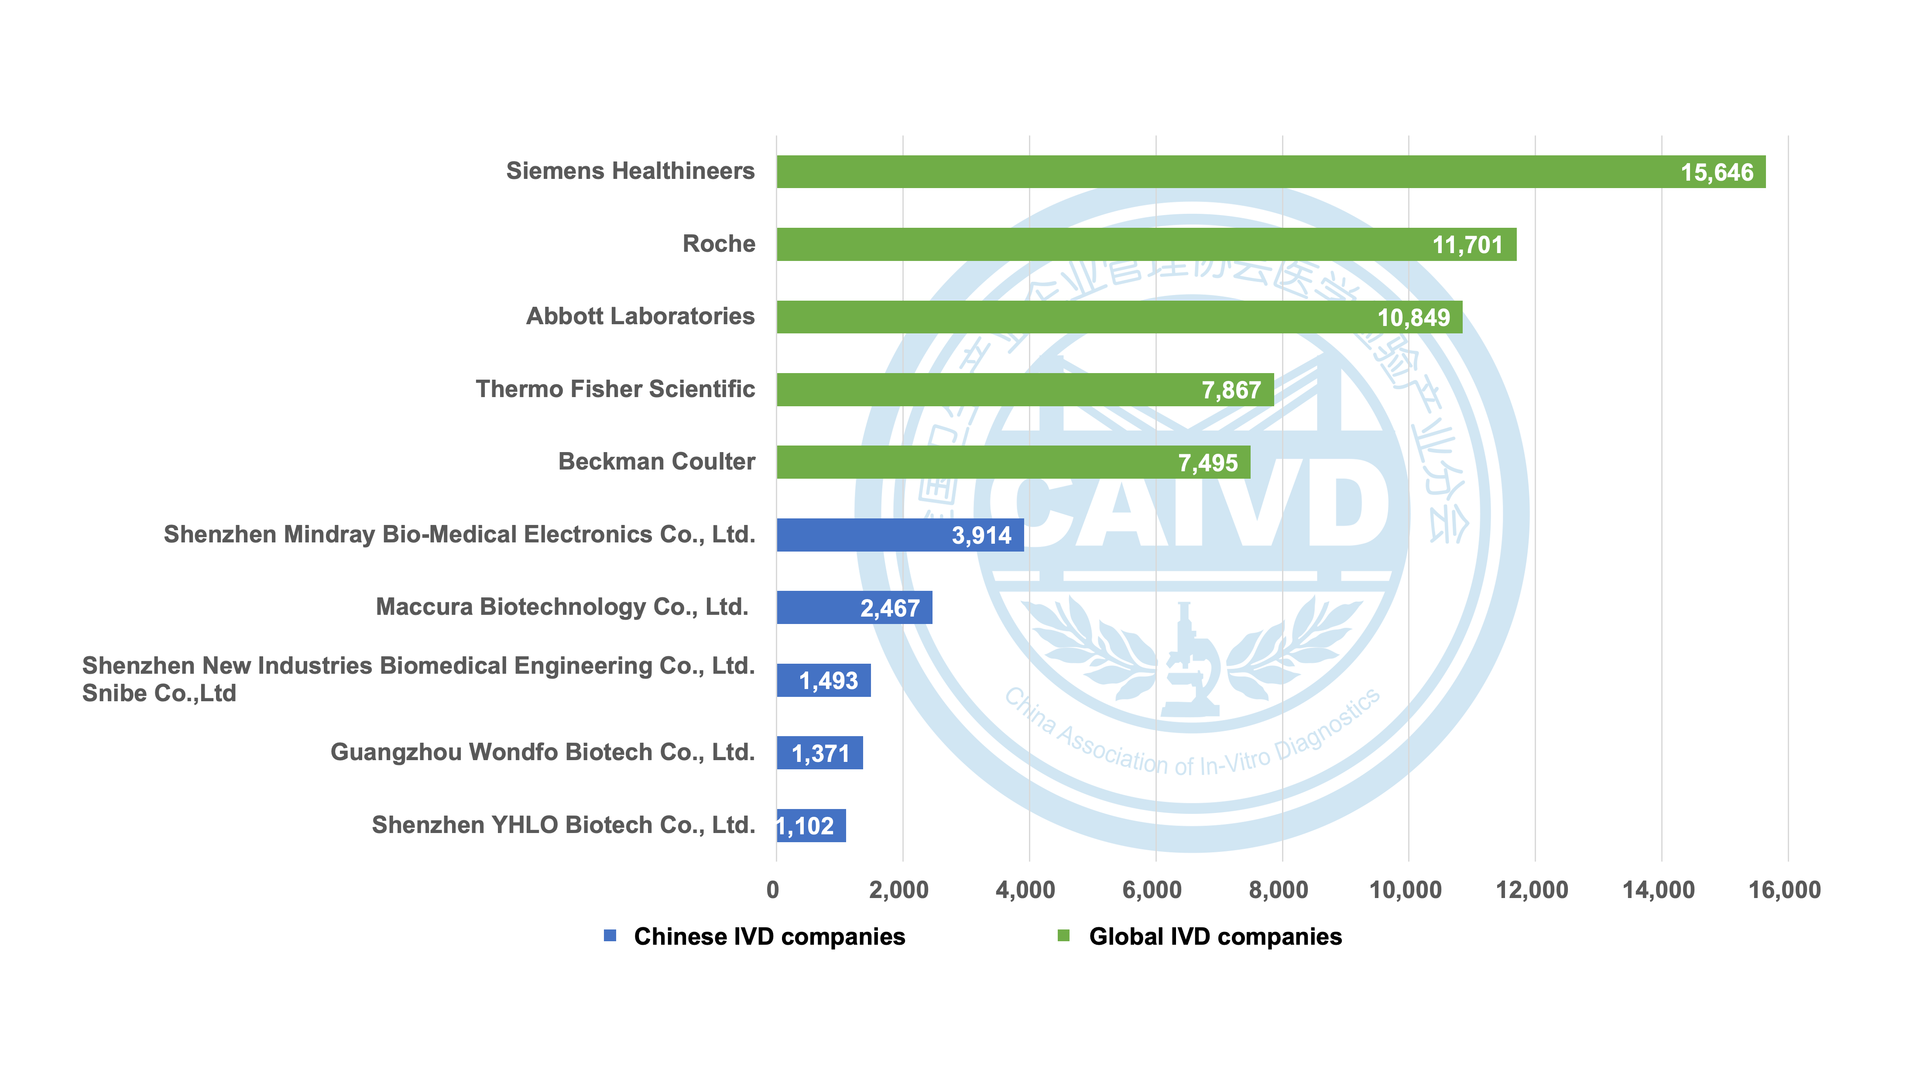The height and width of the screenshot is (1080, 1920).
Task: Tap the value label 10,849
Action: pos(1413,318)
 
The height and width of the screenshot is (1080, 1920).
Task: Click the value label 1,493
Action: pos(828,680)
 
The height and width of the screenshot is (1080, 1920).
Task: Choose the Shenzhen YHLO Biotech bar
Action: pos(811,826)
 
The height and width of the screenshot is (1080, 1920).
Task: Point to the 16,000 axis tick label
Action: pos(1784,890)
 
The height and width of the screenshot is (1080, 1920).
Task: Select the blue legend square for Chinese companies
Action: pos(610,936)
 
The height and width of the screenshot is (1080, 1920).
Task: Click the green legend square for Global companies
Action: pos(1063,936)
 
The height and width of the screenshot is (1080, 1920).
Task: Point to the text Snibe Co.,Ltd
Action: pos(159,693)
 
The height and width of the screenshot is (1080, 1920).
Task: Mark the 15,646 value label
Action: pos(1717,172)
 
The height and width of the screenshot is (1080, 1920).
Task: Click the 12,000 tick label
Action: pos(1532,890)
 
